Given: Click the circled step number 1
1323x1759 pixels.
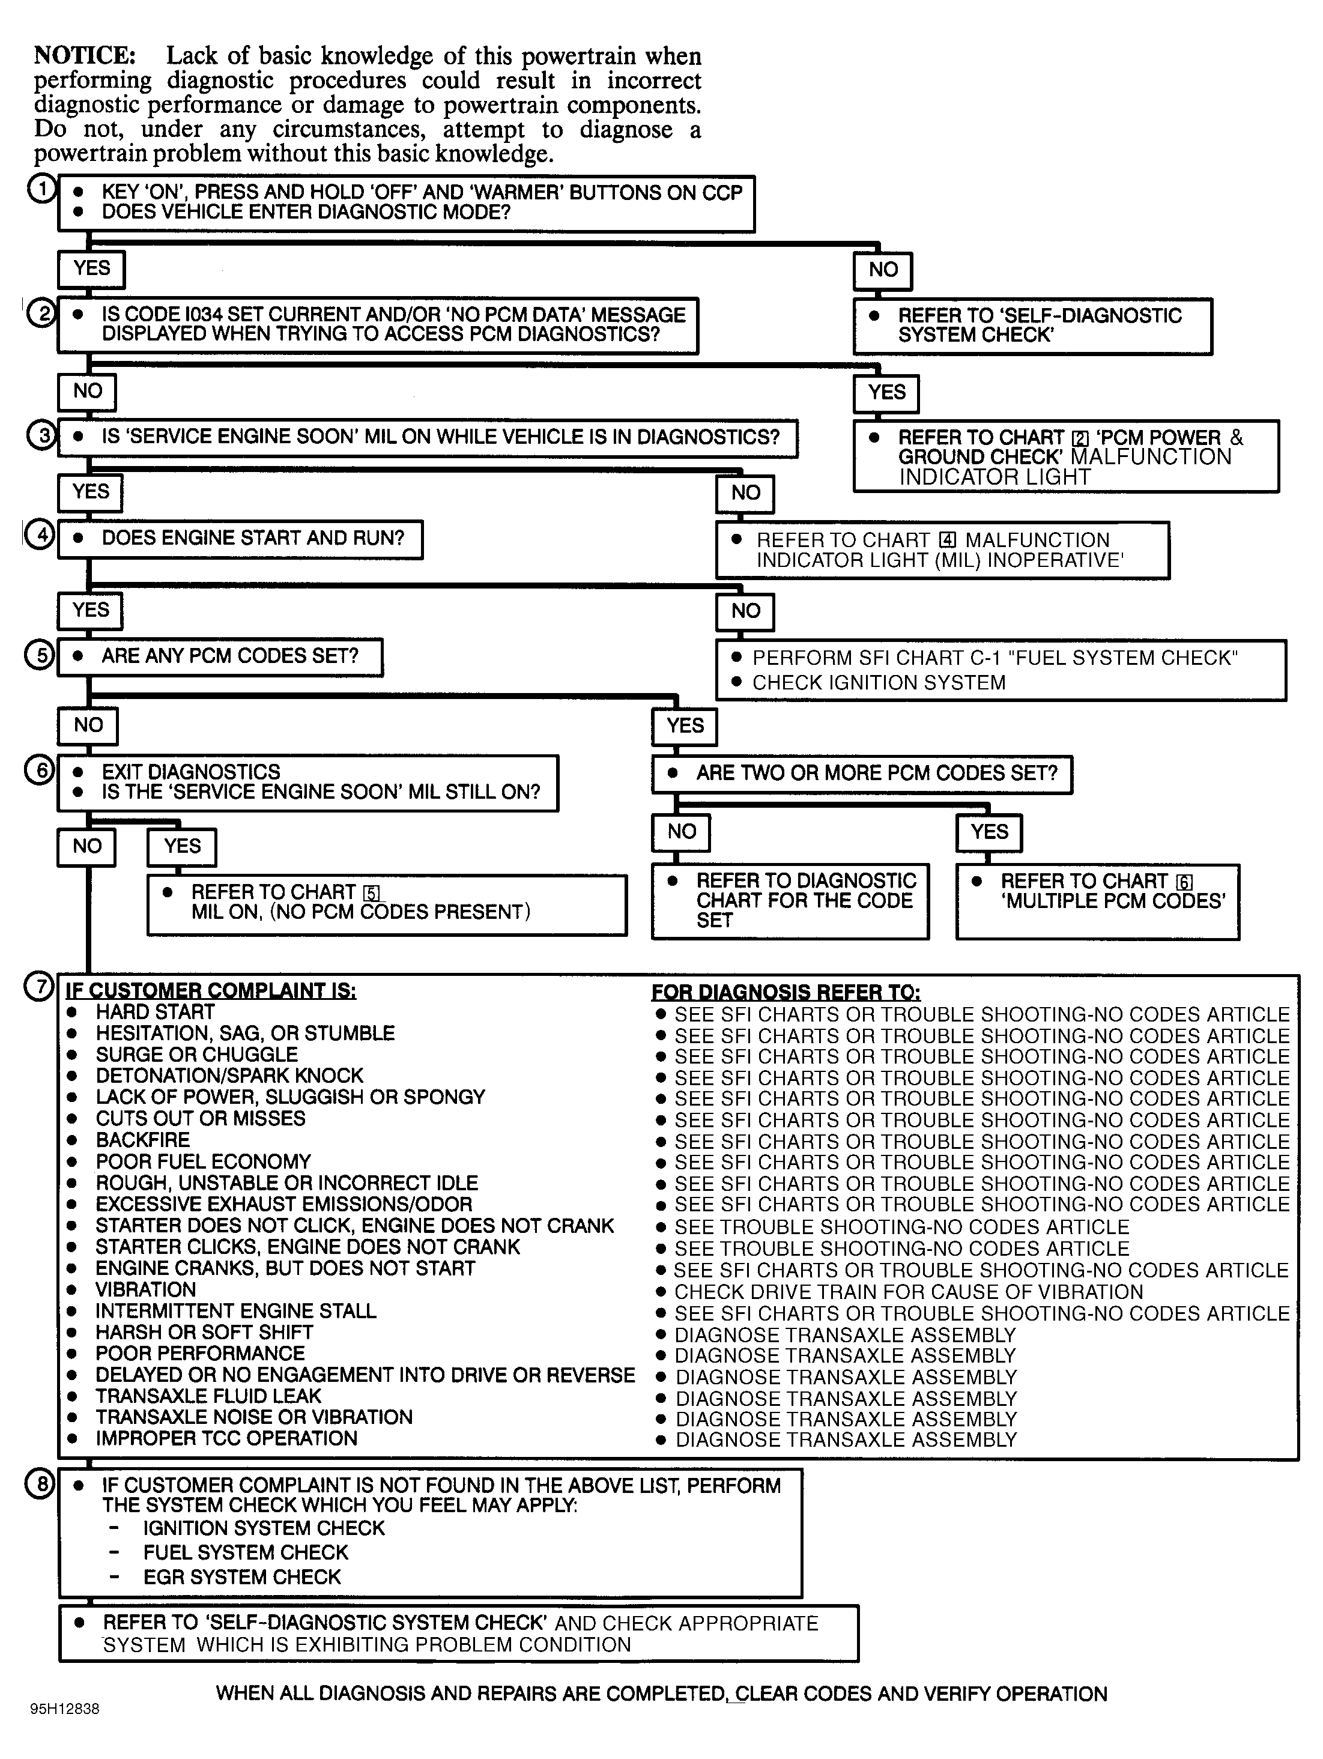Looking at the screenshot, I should click(x=41, y=189).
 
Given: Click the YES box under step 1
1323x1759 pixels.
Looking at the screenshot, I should click(x=91, y=269).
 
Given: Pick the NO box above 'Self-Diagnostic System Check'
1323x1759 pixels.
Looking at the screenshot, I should click(x=883, y=270).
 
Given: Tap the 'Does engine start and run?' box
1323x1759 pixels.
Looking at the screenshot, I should click(x=240, y=539).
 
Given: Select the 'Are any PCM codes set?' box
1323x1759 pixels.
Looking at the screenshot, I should click(x=220, y=657).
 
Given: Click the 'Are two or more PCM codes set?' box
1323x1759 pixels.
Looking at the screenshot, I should click(x=862, y=774).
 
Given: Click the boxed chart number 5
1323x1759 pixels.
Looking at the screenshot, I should click(x=371, y=893).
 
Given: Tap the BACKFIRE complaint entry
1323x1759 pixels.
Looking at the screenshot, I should click(x=143, y=1140).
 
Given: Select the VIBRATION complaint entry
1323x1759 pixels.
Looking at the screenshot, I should click(x=145, y=1290).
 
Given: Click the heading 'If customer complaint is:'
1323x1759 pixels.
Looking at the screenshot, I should click(x=211, y=991).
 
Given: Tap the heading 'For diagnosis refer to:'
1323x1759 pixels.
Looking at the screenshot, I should click(x=786, y=993).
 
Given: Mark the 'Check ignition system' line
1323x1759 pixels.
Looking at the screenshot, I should click(x=879, y=683).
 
